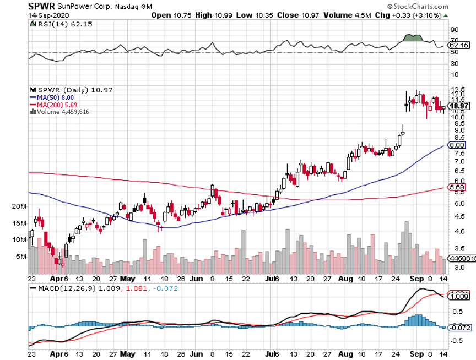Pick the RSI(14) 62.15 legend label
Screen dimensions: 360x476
coord(57,24)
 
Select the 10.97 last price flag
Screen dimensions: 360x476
coord(458,106)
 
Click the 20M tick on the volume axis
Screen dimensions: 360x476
coord(20,206)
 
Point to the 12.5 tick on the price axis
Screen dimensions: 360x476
coord(457,89)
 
